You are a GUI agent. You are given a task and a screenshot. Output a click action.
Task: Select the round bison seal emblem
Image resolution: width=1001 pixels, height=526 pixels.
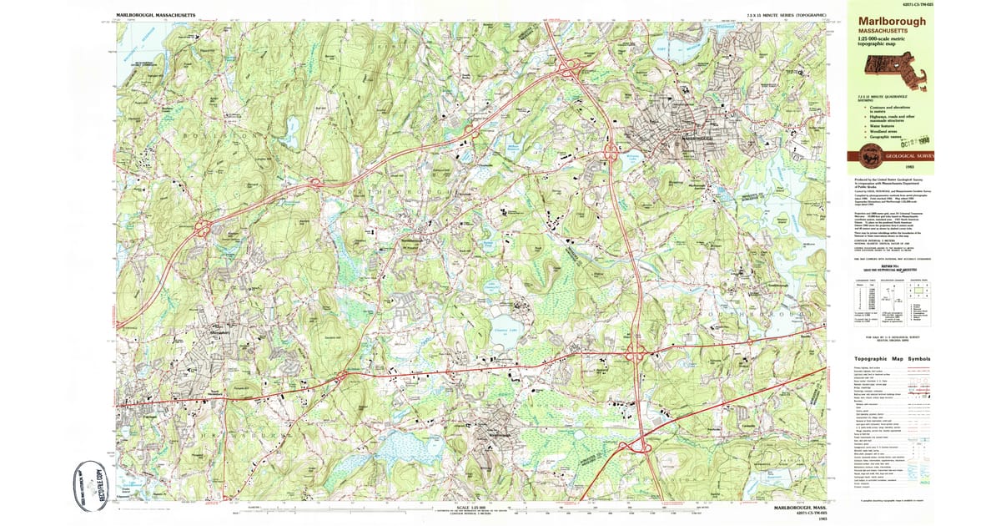coord(870,156)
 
